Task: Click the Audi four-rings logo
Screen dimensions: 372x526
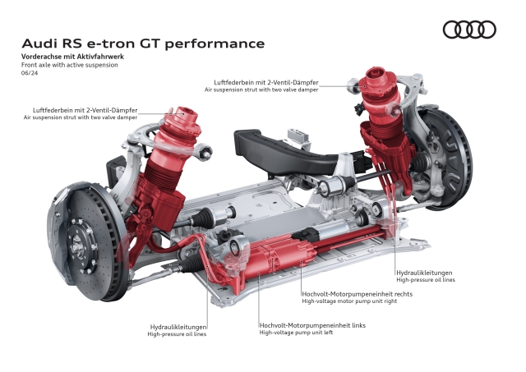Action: pyautogui.click(x=469, y=30)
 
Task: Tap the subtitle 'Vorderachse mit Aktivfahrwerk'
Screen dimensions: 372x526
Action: pyautogui.click(x=73, y=55)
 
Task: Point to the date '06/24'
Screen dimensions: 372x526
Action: pyautogui.click(x=29, y=73)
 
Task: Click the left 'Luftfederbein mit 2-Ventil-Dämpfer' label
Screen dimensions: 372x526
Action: pyautogui.click(x=85, y=109)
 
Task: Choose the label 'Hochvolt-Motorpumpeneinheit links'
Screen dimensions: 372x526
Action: pyautogui.click(x=311, y=324)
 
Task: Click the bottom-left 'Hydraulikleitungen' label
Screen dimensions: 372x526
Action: pyautogui.click(x=177, y=326)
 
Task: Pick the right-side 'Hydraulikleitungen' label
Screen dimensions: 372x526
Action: pyautogui.click(x=424, y=272)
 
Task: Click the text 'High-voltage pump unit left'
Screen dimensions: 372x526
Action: pyautogui.click(x=298, y=333)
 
